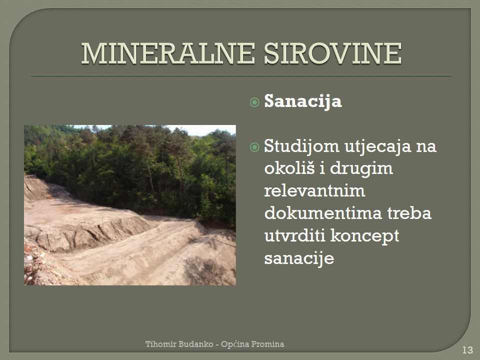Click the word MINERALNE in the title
(x=168, y=53)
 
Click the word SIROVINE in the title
(x=333, y=53)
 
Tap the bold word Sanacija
(x=303, y=101)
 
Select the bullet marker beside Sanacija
(x=254, y=102)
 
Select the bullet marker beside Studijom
(x=254, y=147)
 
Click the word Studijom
(x=302, y=146)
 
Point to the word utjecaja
(x=378, y=146)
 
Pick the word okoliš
(x=289, y=168)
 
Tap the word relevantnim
(x=314, y=191)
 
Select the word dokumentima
(x=323, y=213)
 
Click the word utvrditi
(x=294, y=235)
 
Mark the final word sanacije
(x=299, y=258)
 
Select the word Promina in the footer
(x=267, y=344)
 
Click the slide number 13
(x=467, y=350)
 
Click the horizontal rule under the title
(x=241, y=75)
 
